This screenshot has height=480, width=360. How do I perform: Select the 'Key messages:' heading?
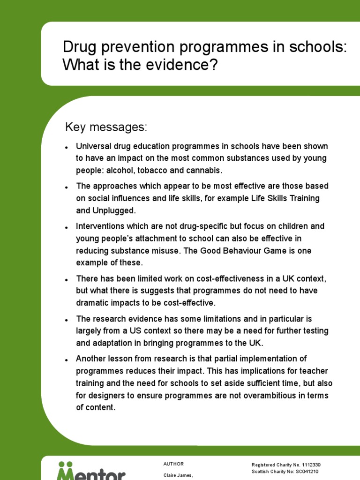(106, 127)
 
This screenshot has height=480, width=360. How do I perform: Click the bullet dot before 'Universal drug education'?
(67, 148)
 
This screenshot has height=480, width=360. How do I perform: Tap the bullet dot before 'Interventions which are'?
(67, 227)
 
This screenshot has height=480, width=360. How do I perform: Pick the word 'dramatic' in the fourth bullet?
(92, 302)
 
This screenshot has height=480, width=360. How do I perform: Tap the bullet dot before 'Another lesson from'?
(67, 360)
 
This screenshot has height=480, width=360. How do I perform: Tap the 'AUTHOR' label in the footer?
(173, 464)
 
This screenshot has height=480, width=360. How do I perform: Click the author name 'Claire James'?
(178, 475)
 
